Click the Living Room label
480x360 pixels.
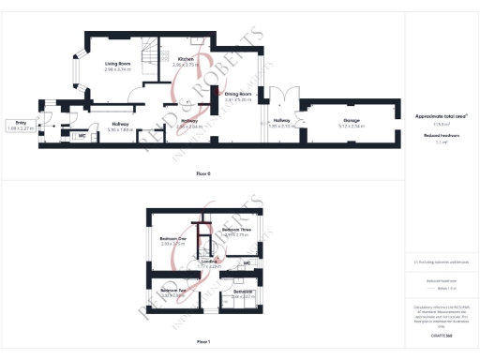tap(117, 65)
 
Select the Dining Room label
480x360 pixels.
tap(238, 94)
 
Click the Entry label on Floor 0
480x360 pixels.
tap(21, 122)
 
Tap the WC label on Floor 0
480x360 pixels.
tap(82, 136)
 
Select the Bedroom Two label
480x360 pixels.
tap(171, 292)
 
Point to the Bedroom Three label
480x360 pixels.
tap(236, 230)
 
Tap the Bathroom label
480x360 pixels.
tap(245, 292)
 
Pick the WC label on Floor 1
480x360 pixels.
tap(247, 263)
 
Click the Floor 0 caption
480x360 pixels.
tap(203, 174)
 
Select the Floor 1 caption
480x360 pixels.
tap(203, 341)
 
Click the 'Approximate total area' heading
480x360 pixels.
tap(441, 116)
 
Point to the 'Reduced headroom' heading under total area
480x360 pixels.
tap(441, 135)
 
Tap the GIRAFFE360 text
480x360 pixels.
tap(441, 335)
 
